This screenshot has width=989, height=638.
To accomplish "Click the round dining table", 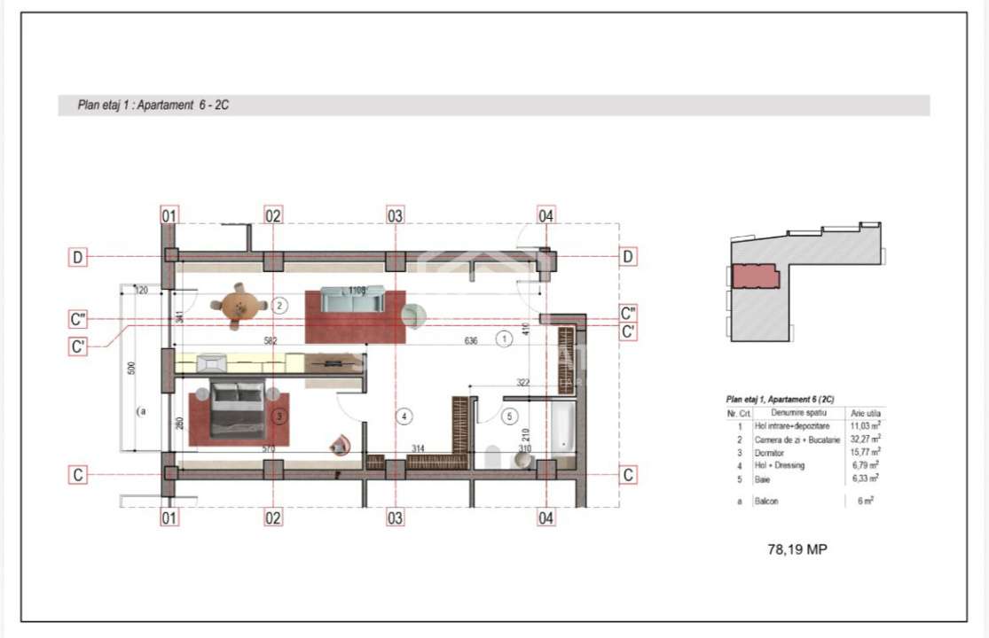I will coord(239,306).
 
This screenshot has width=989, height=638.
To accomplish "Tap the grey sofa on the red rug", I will coord(352,300).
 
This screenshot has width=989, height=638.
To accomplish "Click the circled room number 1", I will coord(503,338).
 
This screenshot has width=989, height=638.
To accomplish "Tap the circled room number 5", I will coord(509,415).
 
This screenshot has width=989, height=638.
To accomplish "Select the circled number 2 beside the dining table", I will coord(279,306).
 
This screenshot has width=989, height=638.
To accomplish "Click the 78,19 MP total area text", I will coord(797,549).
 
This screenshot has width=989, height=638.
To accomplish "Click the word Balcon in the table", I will coord(766,502).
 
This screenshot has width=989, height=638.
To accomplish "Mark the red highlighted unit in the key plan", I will coord(755,276).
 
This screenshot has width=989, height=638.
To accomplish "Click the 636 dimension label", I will coord(470,340).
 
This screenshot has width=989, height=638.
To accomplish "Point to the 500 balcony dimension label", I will coord(130,369).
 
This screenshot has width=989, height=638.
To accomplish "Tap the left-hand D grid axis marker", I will coord(79,258).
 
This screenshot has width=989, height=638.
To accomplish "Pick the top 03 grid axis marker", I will coord(395,215).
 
